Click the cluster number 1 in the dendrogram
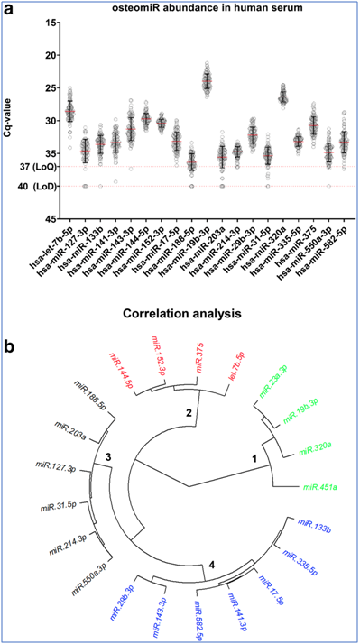tap(254, 459)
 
